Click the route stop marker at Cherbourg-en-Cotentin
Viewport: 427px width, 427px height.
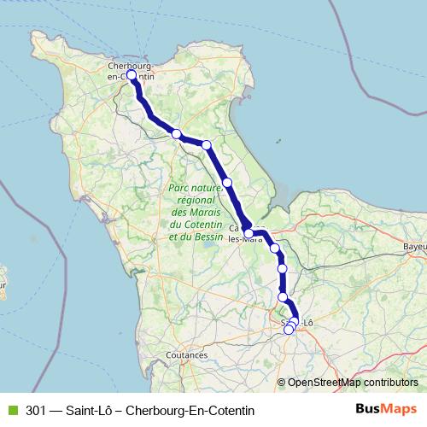[x=132, y=75]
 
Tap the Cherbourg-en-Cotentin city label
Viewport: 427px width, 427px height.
[x=130, y=69]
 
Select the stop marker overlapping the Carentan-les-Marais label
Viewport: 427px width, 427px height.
[x=249, y=232]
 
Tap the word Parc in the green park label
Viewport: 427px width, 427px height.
[x=181, y=185]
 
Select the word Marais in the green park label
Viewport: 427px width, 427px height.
[x=210, y=212]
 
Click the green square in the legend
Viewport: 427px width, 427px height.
[x=11, y=409]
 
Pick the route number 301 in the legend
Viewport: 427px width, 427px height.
[x=37, y=409]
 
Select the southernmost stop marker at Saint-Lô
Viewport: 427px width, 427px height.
[x=289, y=330]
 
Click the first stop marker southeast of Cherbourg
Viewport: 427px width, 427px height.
[x=177, y=134]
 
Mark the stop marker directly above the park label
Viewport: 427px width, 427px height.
[x=228, y=182]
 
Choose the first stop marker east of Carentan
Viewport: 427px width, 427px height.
[x=275, y=249]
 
